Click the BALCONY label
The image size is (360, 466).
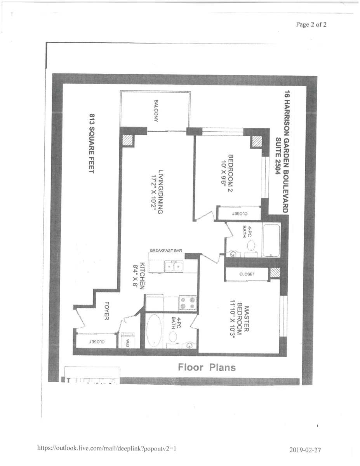click(x=156, y=111)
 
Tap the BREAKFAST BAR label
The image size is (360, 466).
click(x=166, y=251)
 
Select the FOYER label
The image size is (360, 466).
click(x=106, y=311)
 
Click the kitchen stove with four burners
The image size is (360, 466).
click(x=188, y=303)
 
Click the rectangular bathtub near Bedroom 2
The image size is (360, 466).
click(x=271, y=240)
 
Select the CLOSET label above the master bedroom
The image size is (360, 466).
click(x=247, y=274)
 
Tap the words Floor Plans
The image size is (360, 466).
click(x=207, y=367)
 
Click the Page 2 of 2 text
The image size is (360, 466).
click(x=311, y=24)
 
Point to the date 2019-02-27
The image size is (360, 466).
click(x=305, y=450)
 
